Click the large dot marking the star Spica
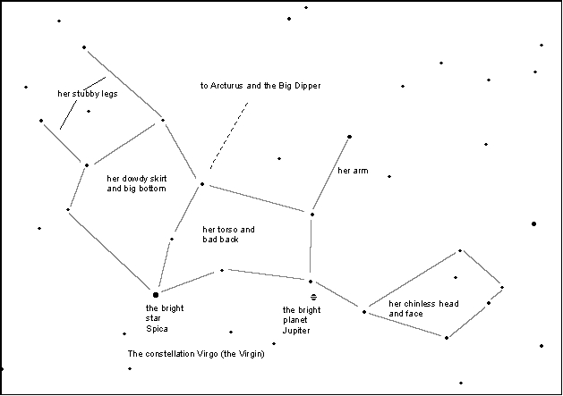(x=156, y=294)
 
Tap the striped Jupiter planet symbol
(x=313, y=296)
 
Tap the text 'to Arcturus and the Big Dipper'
(x=260, y=86)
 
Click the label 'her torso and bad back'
(x=228, y=234)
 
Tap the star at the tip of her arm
(x=349, y=137)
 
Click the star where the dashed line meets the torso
(x=202, y=185)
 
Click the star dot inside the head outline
(x=456, y=277)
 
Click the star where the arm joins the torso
(x=311, y=215)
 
